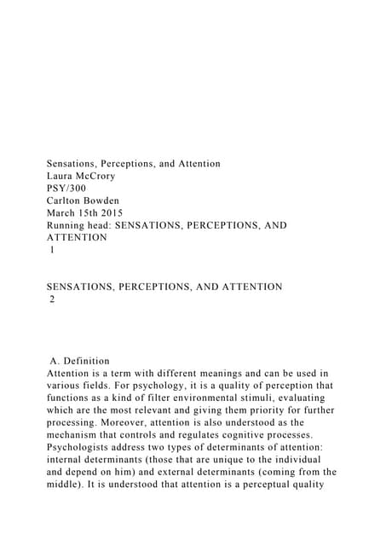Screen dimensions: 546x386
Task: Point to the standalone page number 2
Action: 52,299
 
